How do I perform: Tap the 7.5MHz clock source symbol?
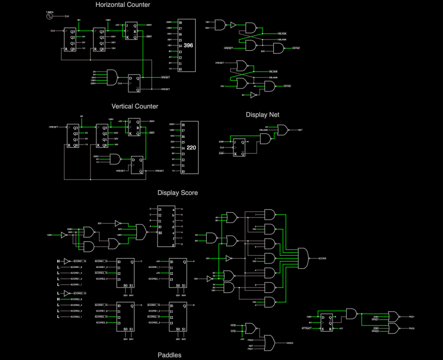50,16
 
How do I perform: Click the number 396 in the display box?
189,45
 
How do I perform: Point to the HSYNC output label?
296,48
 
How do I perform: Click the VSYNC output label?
287,86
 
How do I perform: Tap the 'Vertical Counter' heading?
135,106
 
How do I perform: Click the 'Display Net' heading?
263,114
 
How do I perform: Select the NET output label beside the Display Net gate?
300,130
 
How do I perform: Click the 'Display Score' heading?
178,193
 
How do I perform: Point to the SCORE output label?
322,258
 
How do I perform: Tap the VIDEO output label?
290,342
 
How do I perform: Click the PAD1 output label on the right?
411,317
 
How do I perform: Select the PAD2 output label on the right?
411,328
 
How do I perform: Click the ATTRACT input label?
307,328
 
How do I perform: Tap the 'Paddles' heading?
169,355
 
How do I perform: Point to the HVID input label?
233,326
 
